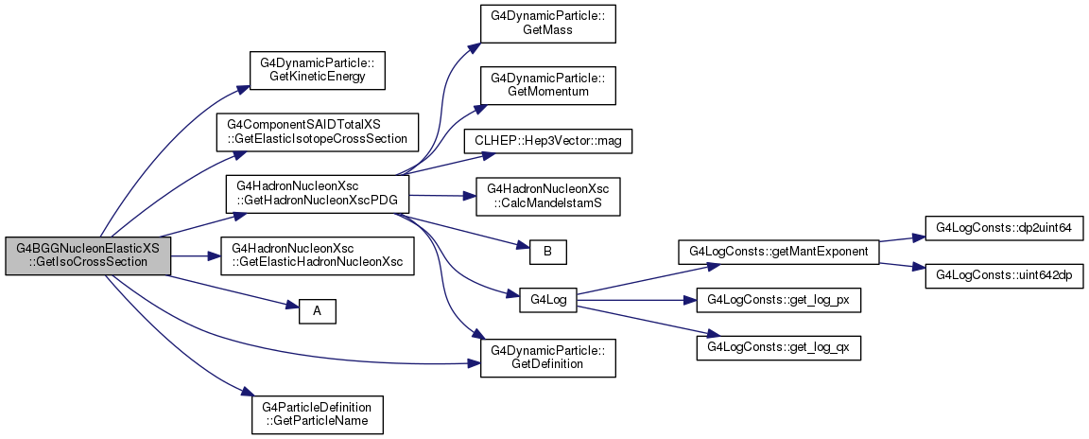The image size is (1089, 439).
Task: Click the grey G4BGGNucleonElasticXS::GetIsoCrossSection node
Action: point(88,255)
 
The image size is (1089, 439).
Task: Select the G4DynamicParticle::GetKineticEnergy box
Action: point(318,69)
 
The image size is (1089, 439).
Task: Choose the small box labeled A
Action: point(318,311)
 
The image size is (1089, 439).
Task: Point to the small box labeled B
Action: point(548,251)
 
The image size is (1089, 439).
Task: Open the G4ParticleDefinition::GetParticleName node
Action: point(318,414)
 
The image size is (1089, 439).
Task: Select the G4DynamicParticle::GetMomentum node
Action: point(548,85)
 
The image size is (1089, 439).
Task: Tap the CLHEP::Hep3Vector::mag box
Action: point(548,141)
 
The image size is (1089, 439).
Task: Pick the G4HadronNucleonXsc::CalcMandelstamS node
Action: point(548,197)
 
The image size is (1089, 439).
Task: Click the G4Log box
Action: point(548,300)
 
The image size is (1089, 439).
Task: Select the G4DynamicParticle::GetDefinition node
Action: point(548,358)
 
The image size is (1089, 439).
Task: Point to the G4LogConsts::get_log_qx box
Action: point(779,348)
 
